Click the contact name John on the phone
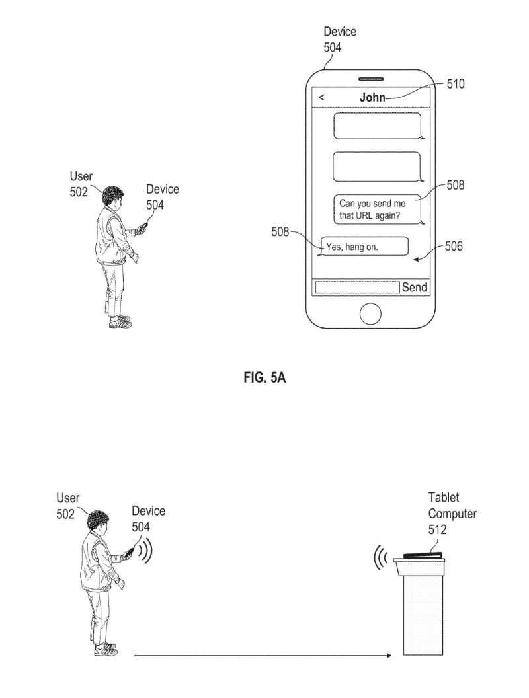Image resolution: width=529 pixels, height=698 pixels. tap(372, 98)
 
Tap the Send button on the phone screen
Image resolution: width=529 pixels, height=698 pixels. tap(415, 288)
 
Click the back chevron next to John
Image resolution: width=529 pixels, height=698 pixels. tap(321, 98)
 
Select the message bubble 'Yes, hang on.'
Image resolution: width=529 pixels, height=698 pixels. tap(362, 247)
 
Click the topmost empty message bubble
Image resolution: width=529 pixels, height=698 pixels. tap(377, 126)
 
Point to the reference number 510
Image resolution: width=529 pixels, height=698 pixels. tap(456, 85)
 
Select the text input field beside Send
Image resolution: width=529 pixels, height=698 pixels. tap(357, 288)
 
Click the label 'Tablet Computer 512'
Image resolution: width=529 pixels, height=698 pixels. tap(452, 513)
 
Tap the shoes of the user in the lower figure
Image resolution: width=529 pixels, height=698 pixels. tap(106, 649)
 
